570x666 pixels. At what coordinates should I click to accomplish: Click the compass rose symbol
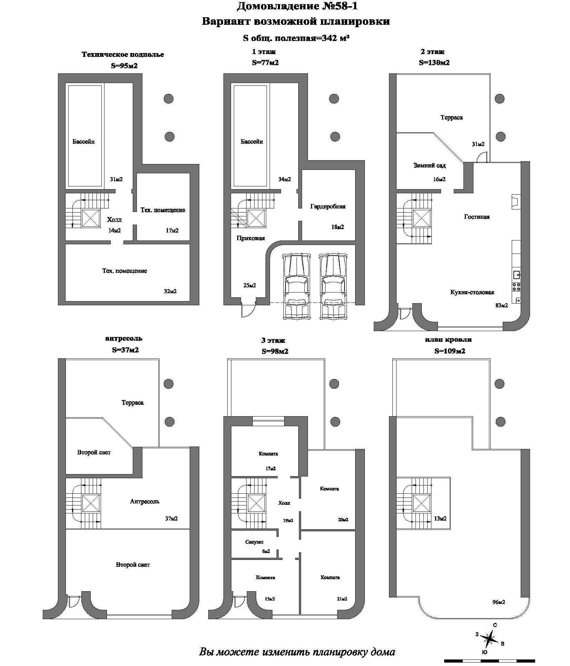(x=489, y=639)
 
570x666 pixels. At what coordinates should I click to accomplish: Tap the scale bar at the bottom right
(x=489, y=661)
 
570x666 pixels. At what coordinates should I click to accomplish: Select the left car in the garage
(x=296, y=286)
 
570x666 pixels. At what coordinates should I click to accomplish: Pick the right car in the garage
(x=333, y=286)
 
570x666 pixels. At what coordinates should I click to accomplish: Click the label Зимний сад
(x=429, y=166)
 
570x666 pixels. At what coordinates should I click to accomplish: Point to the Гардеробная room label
(x=328, y=207)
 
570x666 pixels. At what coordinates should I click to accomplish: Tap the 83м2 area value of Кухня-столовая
(x=502, y=305)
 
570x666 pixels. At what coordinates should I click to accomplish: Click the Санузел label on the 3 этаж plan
(x=254, y=542)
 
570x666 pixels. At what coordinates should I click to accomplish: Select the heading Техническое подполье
(x=123, y=54)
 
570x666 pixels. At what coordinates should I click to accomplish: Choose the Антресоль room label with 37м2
(x=144, y=501)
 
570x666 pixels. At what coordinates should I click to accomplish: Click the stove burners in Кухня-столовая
(x=516, y=287)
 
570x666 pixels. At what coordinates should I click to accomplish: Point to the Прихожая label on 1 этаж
(x=251, y=238)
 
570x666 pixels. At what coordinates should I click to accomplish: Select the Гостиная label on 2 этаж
(x=477, y=217)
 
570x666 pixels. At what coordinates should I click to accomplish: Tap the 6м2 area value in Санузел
(x=266, y=551)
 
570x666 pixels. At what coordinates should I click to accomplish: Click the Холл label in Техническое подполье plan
(x=114, y=220)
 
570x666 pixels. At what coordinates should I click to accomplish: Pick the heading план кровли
(x=448, y=340)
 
